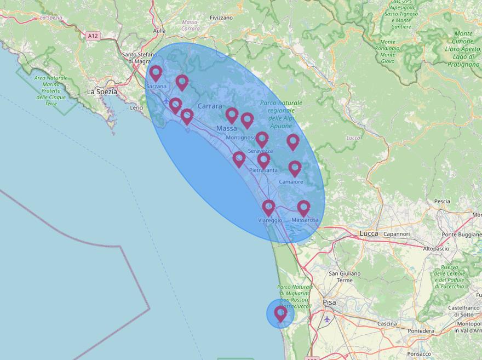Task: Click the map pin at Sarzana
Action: [x=156, y=73]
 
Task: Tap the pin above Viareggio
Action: [x=268, y=208]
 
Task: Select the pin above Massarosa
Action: [x=303, y=208]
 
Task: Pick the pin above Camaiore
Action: [x=295, y=168]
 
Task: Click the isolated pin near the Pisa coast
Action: [x=280, y=313]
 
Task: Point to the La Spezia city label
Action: [x=102, y=92]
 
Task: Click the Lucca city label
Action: [x=369, y=233]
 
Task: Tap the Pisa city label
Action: [x=329, y=302]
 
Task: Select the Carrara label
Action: [x=210, y=106]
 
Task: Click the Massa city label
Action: [x=227, y=128]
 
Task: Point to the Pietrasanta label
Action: [x=263, y=170]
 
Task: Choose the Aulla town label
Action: [x=159, y=31]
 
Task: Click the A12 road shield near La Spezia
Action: [x=93, y=36]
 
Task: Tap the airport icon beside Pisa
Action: [x=327, y=319]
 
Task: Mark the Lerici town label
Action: [x=136, y=108]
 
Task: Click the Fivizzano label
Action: [x=221, y=18]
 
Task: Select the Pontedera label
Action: [x=421, y=331]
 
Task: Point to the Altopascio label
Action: [x=437, y=248]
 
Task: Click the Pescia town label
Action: [x=441, y=201]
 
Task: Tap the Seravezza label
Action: [x=260, y=151]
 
